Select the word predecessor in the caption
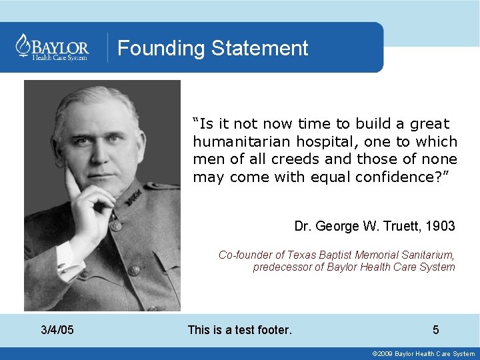click(281, 267)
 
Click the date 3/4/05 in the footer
click(57, 329)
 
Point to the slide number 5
click(436, 329)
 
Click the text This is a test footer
click(240, 329)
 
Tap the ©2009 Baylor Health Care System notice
click(424, 354)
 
